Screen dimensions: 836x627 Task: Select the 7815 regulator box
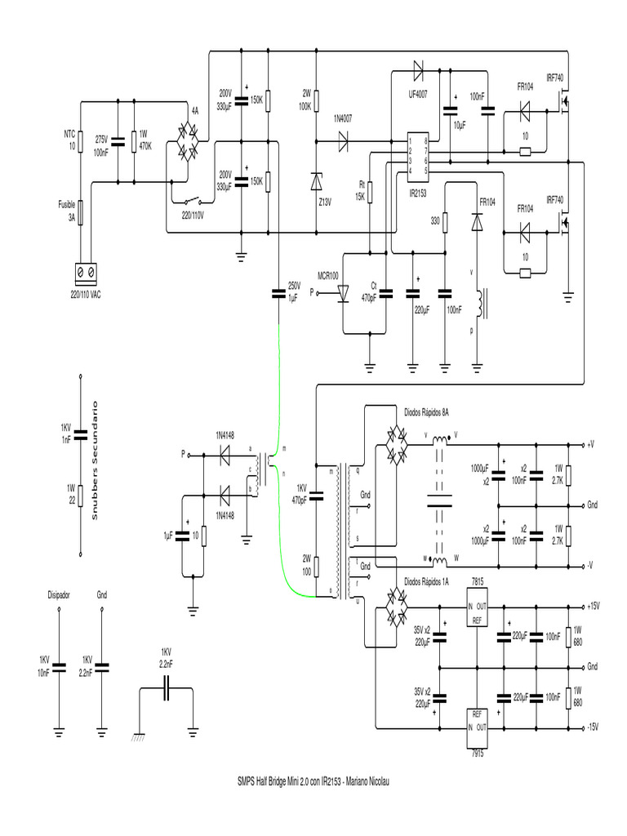[477, 611]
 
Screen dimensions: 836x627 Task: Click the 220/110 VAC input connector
[85, 271]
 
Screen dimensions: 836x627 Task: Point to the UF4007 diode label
[420, 94]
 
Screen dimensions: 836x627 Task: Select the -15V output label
[593, 726]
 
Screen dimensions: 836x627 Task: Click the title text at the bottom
[313, 782]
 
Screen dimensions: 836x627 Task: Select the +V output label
[590, 445]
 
